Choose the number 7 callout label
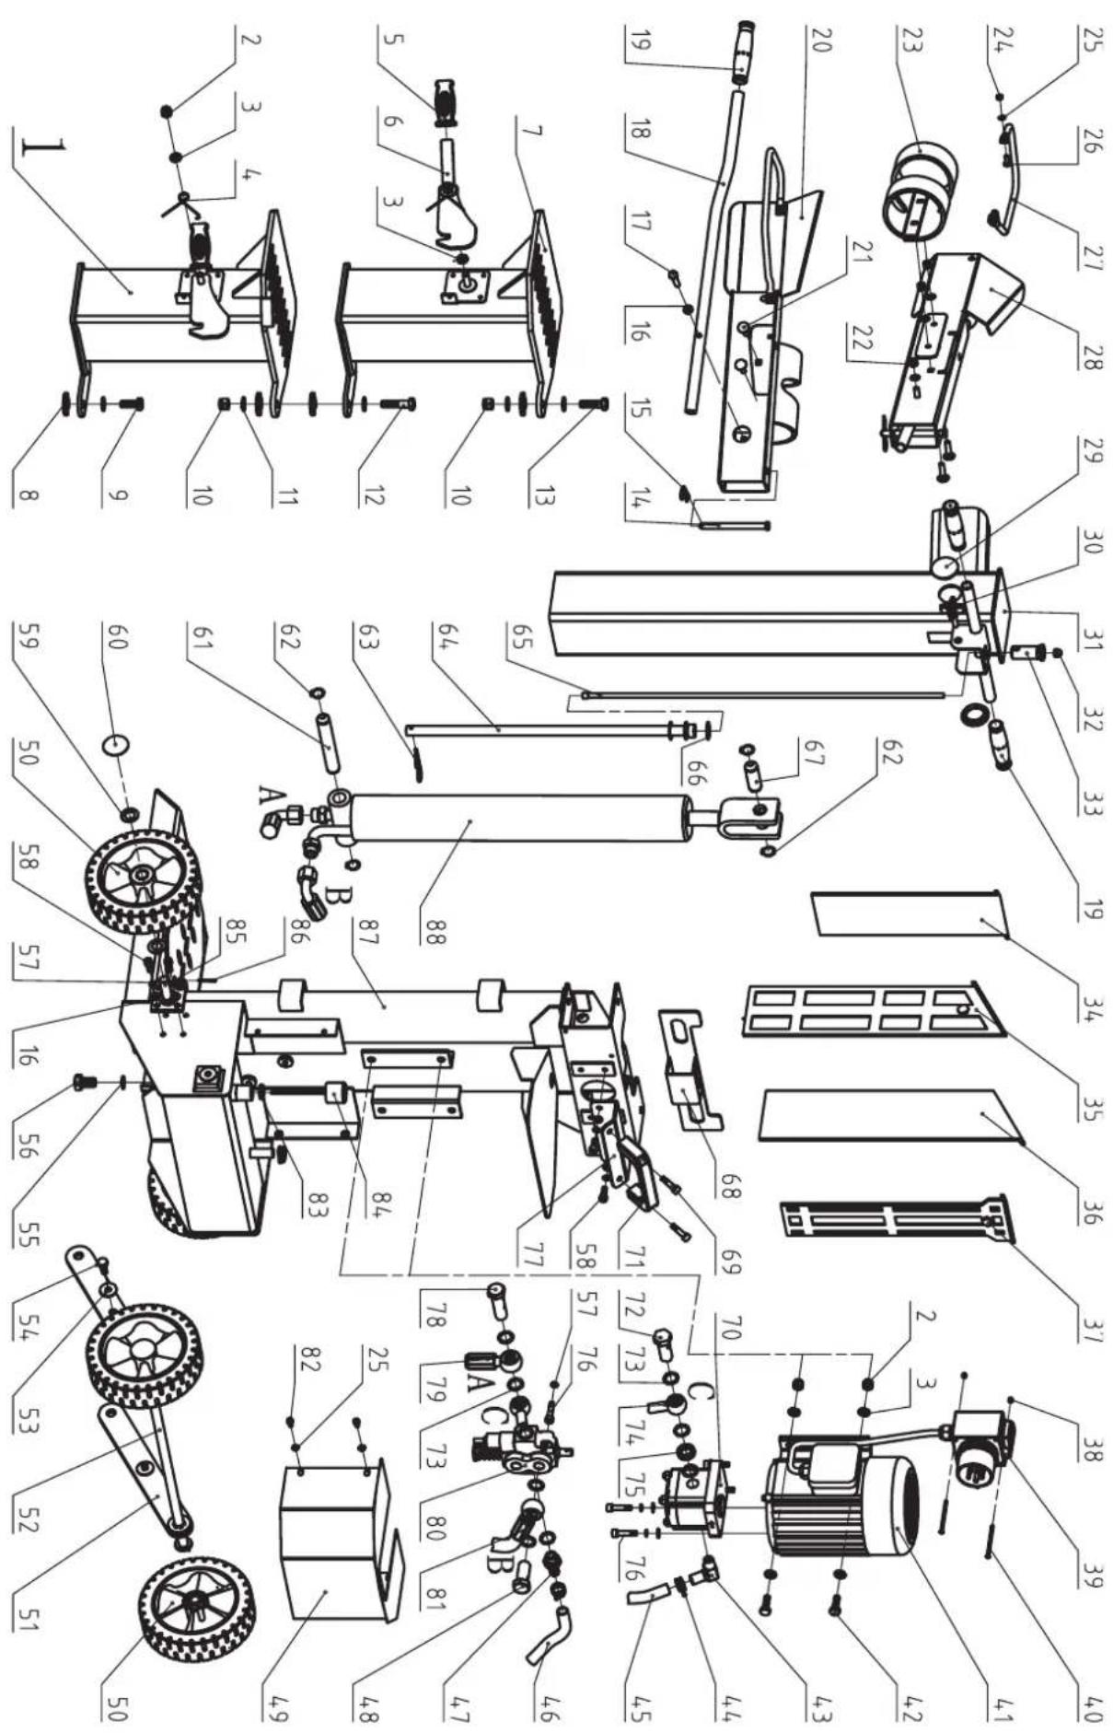539,130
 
